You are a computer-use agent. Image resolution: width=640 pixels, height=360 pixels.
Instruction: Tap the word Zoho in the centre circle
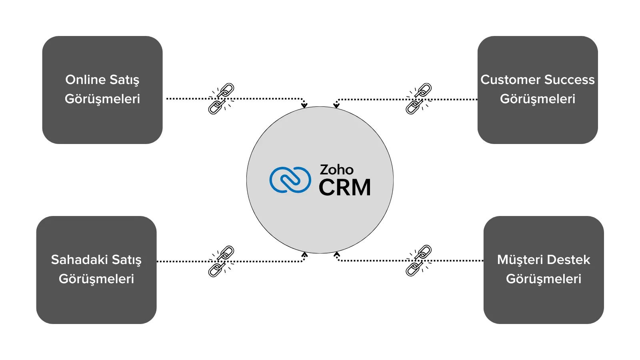[336, 170]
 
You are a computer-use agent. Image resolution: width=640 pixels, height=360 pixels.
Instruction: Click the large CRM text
[345, 187]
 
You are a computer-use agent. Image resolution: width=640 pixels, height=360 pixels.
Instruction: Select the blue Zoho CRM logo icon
[290, 180]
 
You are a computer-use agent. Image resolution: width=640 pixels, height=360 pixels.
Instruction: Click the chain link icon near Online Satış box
[221, 98]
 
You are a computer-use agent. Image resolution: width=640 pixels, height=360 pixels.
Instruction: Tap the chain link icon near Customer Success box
[419, 98]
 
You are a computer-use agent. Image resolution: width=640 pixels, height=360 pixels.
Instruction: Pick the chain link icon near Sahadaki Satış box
[221, 261]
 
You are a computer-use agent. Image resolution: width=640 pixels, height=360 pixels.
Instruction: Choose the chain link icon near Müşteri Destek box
[419, 260]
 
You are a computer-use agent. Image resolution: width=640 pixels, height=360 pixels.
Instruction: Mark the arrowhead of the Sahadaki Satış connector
[304, 254]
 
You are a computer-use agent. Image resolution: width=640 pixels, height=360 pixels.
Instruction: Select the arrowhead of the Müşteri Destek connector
[337, 254]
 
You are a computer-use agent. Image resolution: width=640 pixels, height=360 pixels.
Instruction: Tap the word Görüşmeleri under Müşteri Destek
[543, 279]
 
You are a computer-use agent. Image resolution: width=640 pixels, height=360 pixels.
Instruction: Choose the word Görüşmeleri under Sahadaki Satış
[96, 279]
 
